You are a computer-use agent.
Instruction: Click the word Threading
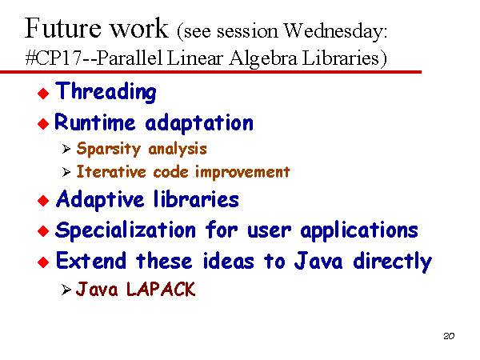point(106,91)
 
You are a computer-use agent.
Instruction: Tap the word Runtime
point(94,122)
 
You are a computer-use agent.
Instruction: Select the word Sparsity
point(109,149)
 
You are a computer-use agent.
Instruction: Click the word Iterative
point(111,171)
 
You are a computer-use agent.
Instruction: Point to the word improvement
point(242,173)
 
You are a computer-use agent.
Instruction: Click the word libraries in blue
point(196,199)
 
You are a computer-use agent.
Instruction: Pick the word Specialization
point(126,230)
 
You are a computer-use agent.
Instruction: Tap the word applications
point(359,231)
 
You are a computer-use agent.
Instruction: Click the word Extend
point(91,261)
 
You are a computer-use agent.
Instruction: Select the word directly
point(393,262)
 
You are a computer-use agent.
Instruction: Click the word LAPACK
point(161,289)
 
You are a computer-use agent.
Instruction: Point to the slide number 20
point(449,336)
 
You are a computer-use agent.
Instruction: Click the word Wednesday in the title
point(335,31)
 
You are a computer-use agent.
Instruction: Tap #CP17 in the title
point(54,58)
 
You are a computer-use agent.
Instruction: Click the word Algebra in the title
point(263,58)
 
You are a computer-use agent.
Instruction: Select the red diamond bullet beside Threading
point(43,94)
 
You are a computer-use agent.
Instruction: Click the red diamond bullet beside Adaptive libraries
point(43,201)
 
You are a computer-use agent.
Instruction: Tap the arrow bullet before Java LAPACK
point(66,290)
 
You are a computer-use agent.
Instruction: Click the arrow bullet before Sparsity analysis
point(66,149)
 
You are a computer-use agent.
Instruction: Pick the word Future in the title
point(62,28)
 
